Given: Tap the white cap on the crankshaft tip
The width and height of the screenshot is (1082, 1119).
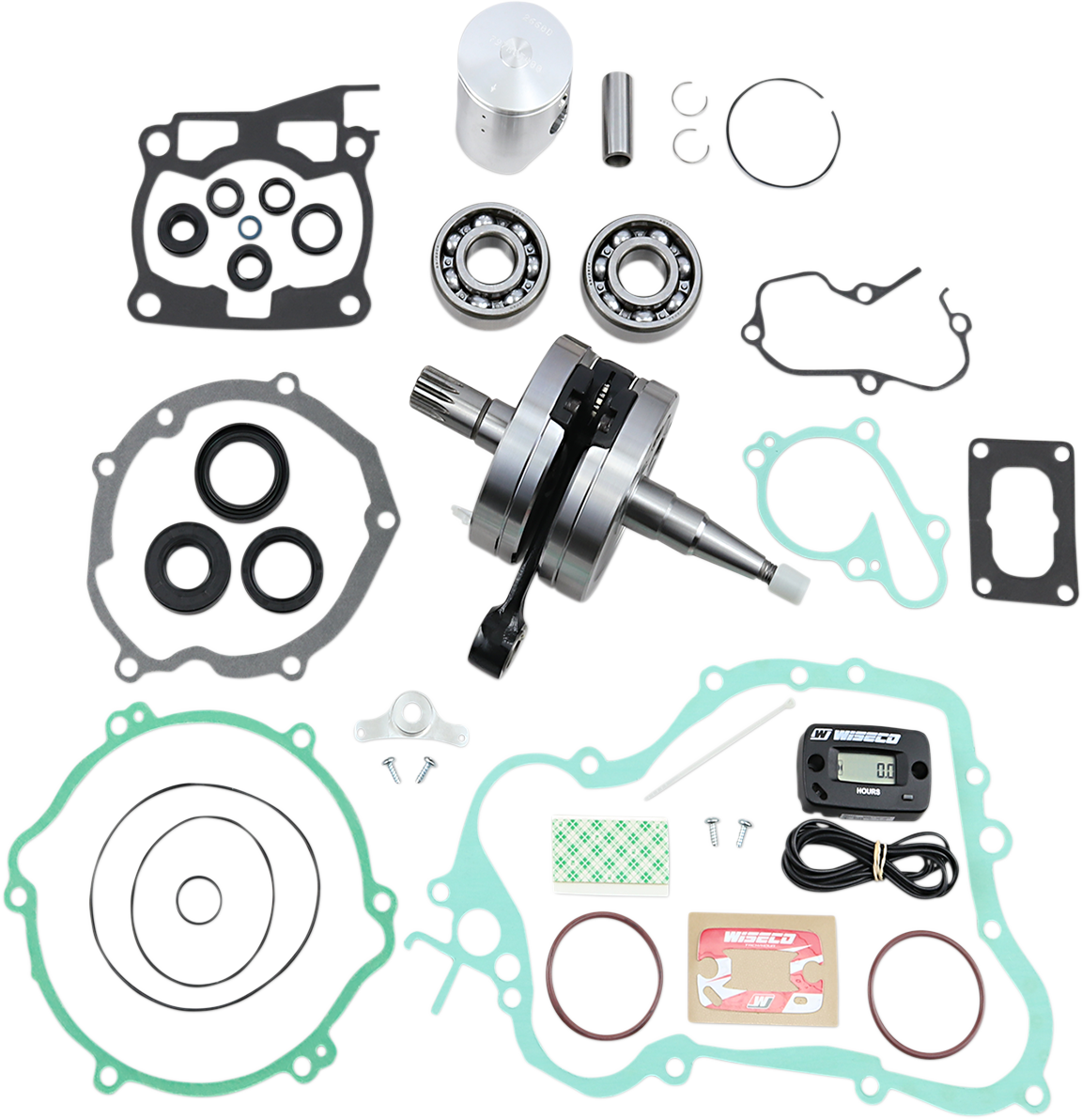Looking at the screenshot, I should click(x=790, y=582).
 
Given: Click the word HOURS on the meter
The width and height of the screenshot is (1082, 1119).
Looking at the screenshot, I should click(x=868, y=791).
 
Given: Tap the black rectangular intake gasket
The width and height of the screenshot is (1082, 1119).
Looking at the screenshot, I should click(x=1020, y=517).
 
